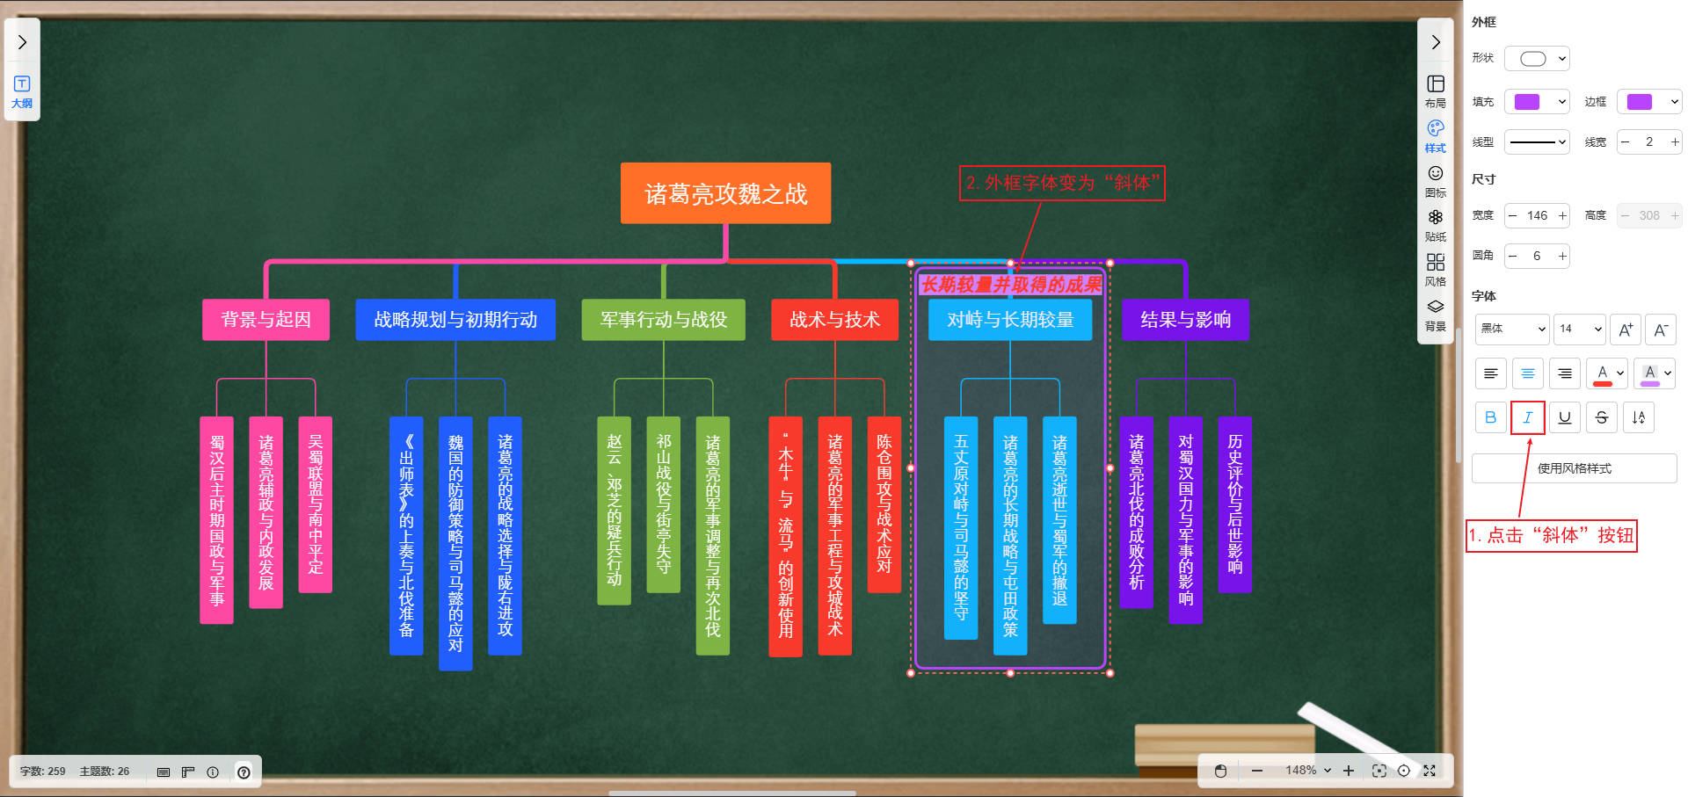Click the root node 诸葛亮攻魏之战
tap(725, 193)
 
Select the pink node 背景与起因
tap(266, 320)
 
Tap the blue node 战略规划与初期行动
tap(455, 320)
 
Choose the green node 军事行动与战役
tap(663, 320)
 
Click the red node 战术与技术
tap(834, 320)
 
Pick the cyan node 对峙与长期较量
tap(1010, 320)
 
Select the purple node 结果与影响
tap(1185, 320)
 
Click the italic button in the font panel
tap(1527, 417)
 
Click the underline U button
tap(1564, 417)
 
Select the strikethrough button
tap(1601, 417)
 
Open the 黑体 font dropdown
tap(1512, 329)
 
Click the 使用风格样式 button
tap(1574, 468)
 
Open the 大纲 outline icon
tap(22, 91)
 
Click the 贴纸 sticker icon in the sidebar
tap(1436, 224)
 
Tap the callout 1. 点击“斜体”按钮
tap(1551, 535)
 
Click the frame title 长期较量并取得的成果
tap(1010, 285)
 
